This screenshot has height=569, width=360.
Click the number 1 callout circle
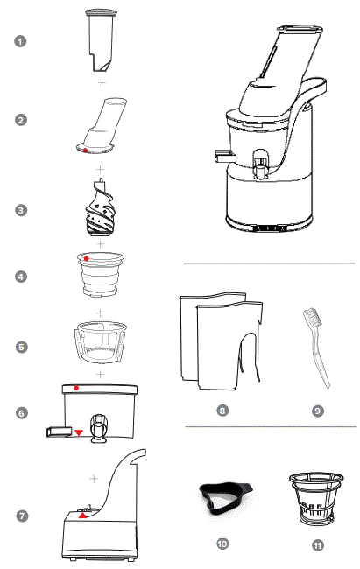coord(21,42)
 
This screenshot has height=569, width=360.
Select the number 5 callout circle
coord(21,347)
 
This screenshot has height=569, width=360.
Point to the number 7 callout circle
coord(21,516)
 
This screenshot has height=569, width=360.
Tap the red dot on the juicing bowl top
coord(78,386)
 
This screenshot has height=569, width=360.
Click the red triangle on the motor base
coord(84,516)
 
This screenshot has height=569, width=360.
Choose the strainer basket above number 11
coord(315,496)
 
